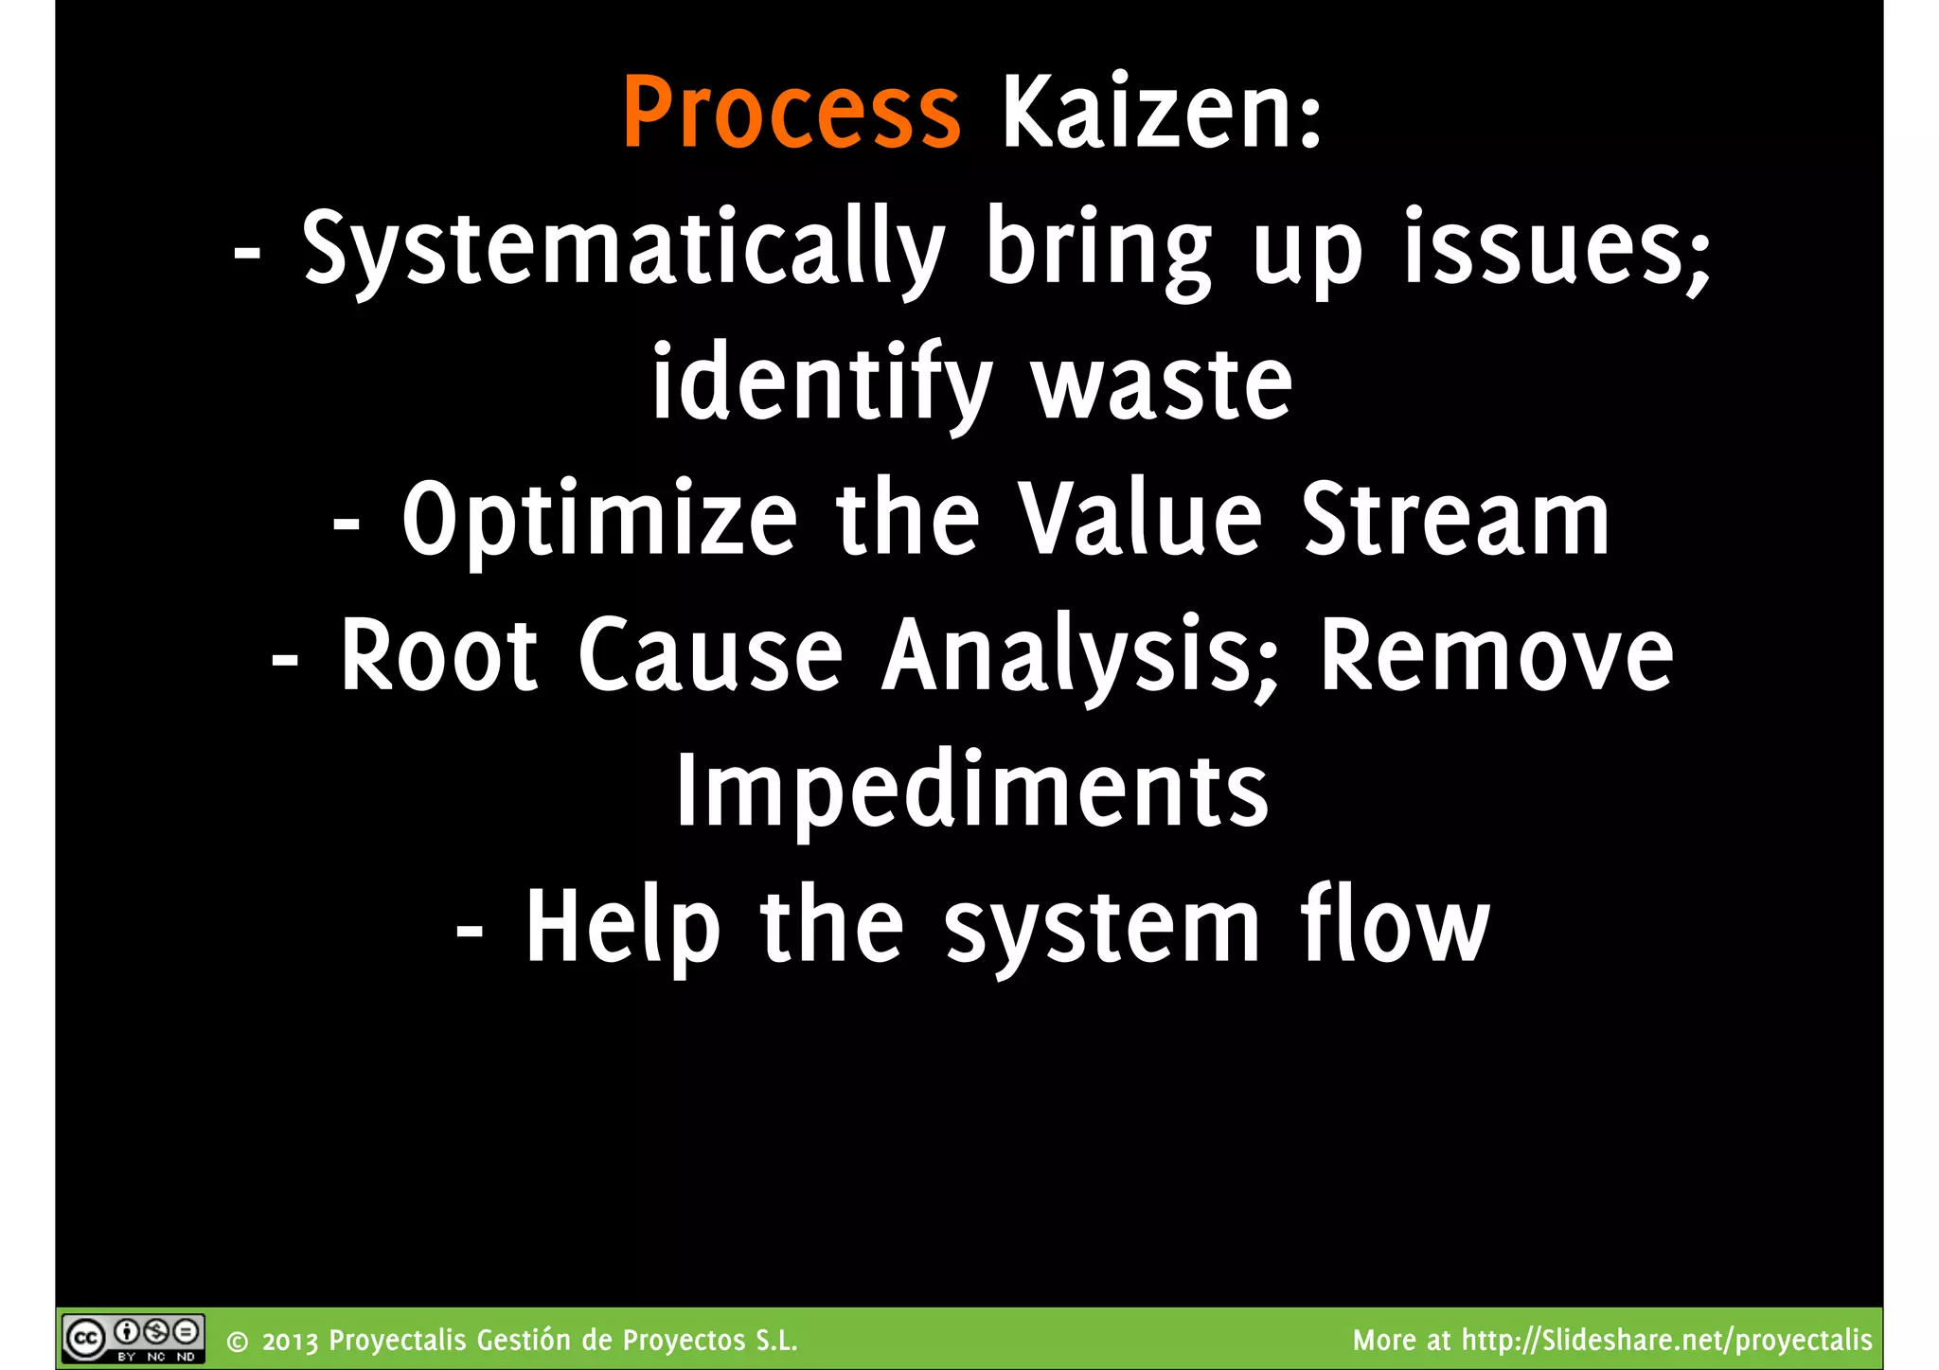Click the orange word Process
[792, 114]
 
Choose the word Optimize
[599, 521]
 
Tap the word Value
[1140, 519]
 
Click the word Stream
[1455, 519]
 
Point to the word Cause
[710, 655]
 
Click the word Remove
[1496, 655]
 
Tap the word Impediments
[971, 792]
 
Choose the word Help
[622, 928]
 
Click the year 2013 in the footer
[291, 1342]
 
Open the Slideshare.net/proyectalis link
[1666, 1341]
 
